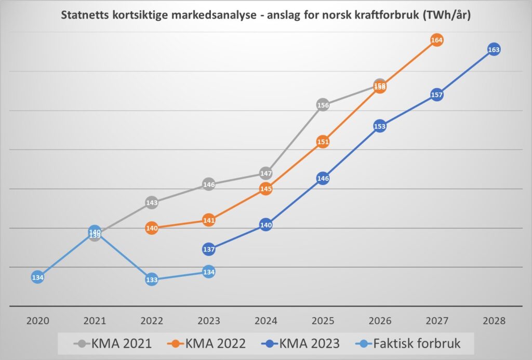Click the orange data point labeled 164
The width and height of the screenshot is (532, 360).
click(x=436, y=40)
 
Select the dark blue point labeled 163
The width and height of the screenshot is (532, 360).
click(x=494, y=50)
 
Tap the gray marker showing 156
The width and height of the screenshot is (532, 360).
click(x=323, y=105)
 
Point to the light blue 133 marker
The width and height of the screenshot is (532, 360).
click(x=152, y=280)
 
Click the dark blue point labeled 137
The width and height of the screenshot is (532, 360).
click(x=208, y=249)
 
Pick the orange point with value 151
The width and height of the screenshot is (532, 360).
click(x=323, y=142)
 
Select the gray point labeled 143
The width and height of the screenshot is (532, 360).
click(x=152, y=203)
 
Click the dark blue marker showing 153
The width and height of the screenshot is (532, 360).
click(x=380, y=126)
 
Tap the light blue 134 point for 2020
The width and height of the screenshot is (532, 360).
click(x=37, y=277)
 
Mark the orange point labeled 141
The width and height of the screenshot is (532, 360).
click(x=208, y=220)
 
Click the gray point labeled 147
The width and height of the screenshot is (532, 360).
click(x=265, y=173)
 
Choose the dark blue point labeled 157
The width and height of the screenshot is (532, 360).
click(x=436, y=95)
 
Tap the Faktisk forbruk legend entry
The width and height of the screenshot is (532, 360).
click(x=410, y=343)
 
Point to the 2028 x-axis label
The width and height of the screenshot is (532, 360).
click(x=494, y=321)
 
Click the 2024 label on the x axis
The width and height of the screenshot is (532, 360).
click(x=265, y=321)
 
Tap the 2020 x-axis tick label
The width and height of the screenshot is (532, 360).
click(x=37, y=321)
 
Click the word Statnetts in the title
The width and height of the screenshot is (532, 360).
click(x=86, y=15)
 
